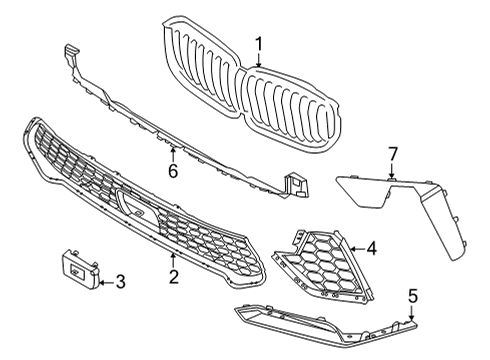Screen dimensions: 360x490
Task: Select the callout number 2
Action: click(173, 276)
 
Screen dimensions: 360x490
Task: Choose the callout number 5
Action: click(411, 296)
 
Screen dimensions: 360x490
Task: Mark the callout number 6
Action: click(172, 171)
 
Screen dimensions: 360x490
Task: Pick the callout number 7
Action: click(393, 153)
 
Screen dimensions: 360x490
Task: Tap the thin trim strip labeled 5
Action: click(330, 321)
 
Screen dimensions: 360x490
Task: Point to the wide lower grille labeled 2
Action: click(150, 200)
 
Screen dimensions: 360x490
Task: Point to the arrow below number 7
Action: click(393, 171)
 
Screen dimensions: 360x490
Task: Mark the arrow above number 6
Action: click(172, 154)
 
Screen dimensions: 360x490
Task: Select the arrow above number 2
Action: click(173, 259)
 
